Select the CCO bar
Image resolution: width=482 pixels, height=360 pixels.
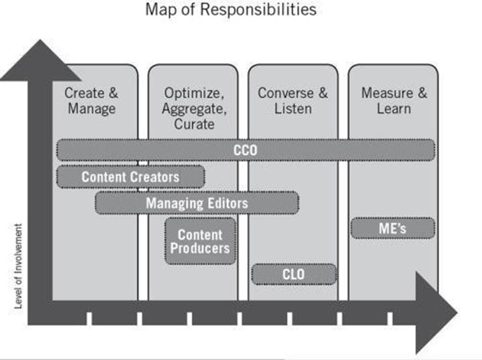pos(246,151)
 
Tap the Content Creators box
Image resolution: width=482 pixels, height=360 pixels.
pos(131,177)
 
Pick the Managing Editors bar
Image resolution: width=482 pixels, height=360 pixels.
pos(197,203)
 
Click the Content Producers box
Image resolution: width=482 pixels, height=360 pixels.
pos(200,242)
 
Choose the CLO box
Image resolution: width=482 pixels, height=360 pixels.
pos(293,273)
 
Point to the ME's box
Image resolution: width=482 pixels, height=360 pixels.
pos(393,229)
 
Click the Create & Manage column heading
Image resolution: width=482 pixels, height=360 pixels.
pos(91,100)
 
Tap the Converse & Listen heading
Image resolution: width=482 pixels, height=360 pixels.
pos(293,100)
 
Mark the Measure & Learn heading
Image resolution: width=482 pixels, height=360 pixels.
pos(394,100)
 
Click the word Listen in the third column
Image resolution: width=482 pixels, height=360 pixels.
pos(293,108)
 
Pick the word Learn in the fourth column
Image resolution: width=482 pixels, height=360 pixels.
pos(394,108)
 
